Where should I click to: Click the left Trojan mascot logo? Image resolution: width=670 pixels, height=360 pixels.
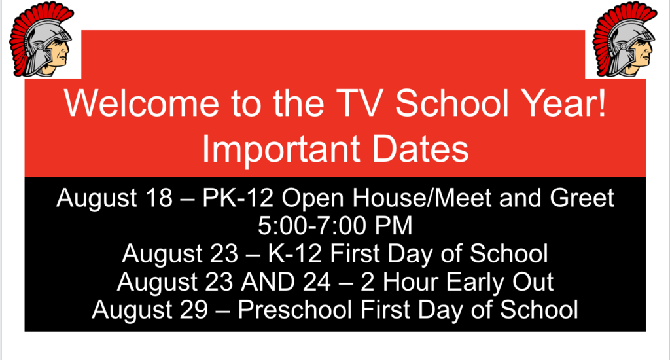pyautogui.click(x=41, y=39)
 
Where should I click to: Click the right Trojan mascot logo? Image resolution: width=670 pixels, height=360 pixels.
pyautogui.click(x=624, y=39)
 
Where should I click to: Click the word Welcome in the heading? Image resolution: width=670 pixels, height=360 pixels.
pyautogui.click(x=142, y=103)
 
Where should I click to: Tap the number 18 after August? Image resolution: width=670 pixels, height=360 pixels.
pyautogui.click(x=158, y=198)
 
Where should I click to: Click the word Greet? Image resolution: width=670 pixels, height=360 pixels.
pyautogui.click(x=582, y=198)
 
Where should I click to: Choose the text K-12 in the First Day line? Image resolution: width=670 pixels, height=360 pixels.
pyautogui.click(x=294, y=253)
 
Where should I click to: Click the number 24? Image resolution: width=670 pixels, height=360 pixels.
pyautogui.click(x=317, y=281)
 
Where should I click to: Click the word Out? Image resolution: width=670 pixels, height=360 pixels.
pyautogui.click(x=533, y=281)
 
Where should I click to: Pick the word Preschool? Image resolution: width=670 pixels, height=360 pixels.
pyautogui.click(x=294, y=309)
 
